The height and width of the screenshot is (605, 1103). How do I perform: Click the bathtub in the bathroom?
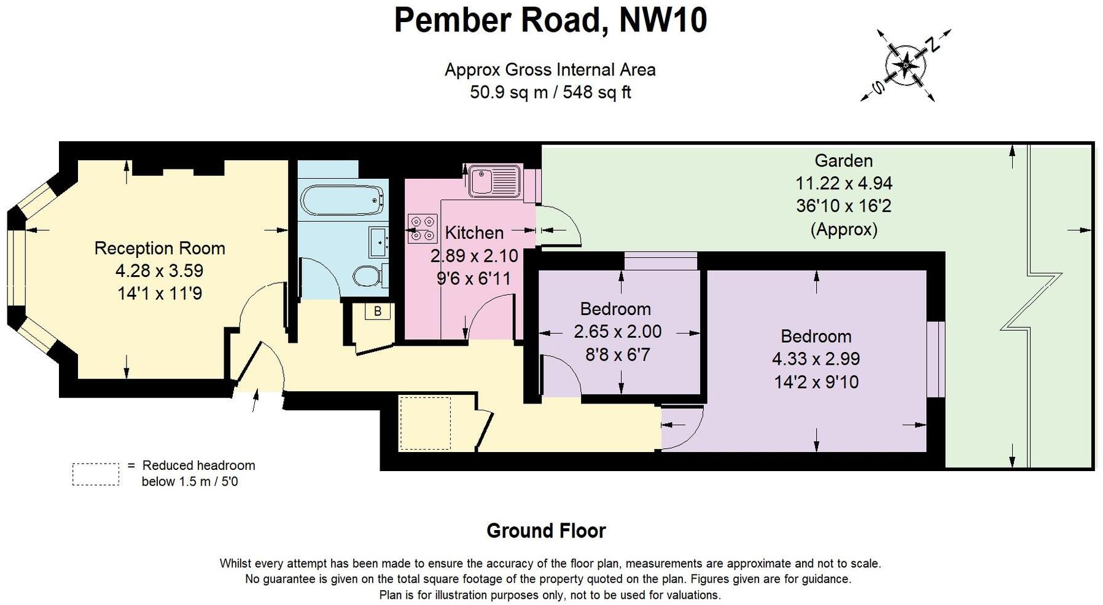tap(342, 200)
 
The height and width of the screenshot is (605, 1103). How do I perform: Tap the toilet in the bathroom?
tap(368, 276)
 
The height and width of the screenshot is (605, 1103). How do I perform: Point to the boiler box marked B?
tap(377, 311)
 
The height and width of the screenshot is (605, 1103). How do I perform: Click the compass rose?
tap(906, 64)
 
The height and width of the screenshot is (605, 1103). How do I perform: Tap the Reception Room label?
tap(160, 248)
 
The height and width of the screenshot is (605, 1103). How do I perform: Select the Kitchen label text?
tap(474, 233)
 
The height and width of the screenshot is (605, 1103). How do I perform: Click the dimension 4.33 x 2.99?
tap(816, 359)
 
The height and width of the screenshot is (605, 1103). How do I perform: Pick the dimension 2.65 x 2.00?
tap(617, 332)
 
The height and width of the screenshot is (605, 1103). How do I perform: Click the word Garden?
tap(843, 161)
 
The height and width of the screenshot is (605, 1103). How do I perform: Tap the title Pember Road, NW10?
tap(550, 20)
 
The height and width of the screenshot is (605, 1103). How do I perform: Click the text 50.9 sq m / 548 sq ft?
tap(550, 92)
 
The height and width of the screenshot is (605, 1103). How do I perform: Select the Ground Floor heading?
tap(546, 531)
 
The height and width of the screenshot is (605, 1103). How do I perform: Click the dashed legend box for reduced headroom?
tap(96, 474)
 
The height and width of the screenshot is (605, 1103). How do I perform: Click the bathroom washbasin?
tap(378, 241)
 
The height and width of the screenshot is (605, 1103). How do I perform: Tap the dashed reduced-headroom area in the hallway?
tap(425, 423)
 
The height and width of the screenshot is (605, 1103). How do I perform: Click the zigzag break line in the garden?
tap(1032, 301)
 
